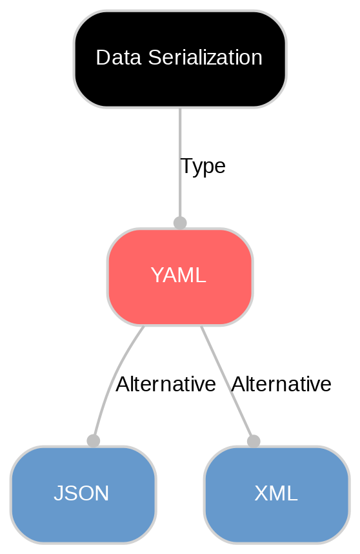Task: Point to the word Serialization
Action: [203, 58]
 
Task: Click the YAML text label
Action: [179, 276]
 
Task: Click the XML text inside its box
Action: [276, 494]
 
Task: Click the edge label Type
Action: [203, 167]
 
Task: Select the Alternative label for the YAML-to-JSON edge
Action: [165, 385]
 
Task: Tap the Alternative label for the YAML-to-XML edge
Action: [281, 385]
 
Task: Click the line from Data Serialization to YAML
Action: [179, 142]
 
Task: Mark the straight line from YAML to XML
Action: [223, 374]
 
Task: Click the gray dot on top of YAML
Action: [180, 223]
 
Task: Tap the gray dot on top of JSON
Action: [93, 440]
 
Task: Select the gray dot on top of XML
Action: [254, 440]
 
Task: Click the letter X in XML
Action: [260, 494]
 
